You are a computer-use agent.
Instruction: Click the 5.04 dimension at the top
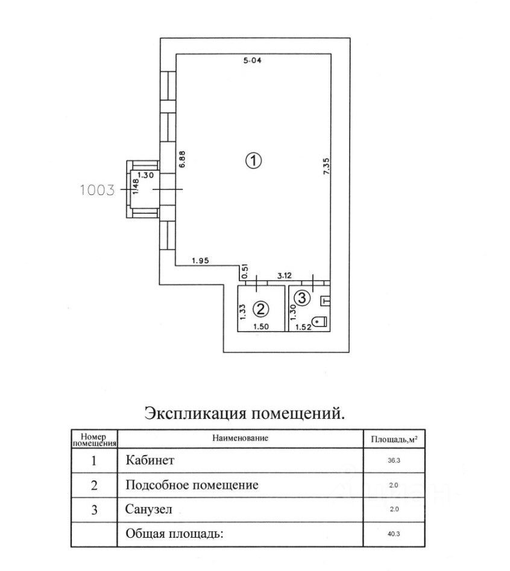(x=252, y=60)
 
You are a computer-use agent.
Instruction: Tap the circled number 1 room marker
(x=253, y=161)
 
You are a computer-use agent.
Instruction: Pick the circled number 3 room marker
(x=302, y=298)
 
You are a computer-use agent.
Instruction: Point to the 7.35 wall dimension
(x=326, y=166)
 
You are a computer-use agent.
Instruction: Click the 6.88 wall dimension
(x=182, y=159)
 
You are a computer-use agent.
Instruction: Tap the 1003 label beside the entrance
(x=97, y=190)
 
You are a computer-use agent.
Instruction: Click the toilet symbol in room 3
(x=321, y=322)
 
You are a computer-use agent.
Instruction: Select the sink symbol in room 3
(x=325, y=301)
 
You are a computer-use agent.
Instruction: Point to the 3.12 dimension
(x=285, y=276)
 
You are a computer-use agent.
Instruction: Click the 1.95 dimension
(x=200, y=261)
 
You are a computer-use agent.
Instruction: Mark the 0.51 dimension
(x=245, y=272)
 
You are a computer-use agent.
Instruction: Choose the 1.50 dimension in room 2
(x=261, y=327)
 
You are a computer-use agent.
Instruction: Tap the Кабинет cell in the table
(x=150, y=461)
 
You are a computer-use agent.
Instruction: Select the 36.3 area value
(x=394, y=461)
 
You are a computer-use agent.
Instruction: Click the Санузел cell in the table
(x=148, y=509)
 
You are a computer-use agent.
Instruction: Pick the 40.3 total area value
(x=394, y=534)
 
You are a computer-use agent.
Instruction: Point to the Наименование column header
(x=240, y=438)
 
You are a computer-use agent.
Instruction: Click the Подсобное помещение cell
(x=192, y=485)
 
